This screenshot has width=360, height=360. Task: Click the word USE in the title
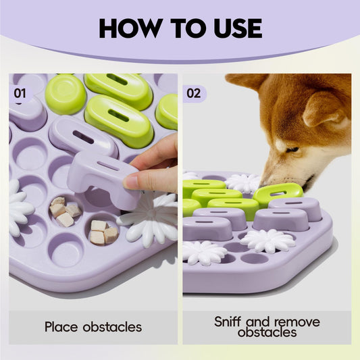click(x=238, y=28)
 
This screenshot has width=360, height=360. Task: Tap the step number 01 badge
click(x=20, y=93)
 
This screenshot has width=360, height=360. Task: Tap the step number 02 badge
click(x=195, y=94)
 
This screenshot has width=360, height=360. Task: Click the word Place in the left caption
click(x=61, y=327)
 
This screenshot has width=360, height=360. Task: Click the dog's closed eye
click(x=292, y=150)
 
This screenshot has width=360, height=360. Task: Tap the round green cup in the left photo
click(x=66, y=94)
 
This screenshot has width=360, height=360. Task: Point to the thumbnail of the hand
click(x=130, y=182)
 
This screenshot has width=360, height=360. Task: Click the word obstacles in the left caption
click(x=112, y=327)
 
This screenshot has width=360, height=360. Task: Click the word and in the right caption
click(x=259, y=322)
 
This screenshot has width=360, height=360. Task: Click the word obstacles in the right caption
click(x=267, y=332)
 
